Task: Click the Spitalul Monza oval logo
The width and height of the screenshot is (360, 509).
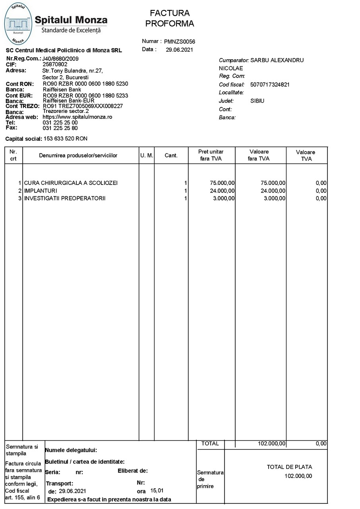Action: [18, 23]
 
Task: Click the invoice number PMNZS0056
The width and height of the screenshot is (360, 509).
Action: [180, 42]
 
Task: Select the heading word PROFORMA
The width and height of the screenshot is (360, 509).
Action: [170, 24]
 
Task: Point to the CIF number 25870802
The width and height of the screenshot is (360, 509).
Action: [55, 64]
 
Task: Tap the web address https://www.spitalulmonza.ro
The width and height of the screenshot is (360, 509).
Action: [77, 117]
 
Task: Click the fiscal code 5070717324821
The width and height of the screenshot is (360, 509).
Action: [270, 85]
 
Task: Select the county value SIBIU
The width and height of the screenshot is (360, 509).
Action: [257, 101]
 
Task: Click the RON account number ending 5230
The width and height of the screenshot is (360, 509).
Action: [85, 84]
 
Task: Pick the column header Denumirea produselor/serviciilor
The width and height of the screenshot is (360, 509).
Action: [78, 155]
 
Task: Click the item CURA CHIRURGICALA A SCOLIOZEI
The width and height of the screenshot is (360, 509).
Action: [71, 183]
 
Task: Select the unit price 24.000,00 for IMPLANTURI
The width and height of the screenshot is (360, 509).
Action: [222, 191]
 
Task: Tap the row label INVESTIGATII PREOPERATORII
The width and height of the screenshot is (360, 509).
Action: [65, 198]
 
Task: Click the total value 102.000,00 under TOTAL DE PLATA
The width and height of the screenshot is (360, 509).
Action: [298, 476]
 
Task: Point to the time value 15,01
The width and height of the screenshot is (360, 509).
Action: [157, 491]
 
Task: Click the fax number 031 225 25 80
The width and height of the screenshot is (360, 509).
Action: [60, 128]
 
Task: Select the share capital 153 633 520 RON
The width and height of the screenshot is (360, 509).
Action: [66, 139]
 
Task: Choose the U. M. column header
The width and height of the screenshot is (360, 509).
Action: [147, 155]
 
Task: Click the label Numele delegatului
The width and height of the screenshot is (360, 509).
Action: [71, 451]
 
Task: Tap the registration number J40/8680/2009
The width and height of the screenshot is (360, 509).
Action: [60, 59]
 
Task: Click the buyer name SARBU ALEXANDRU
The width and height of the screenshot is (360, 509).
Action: [277, 60]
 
